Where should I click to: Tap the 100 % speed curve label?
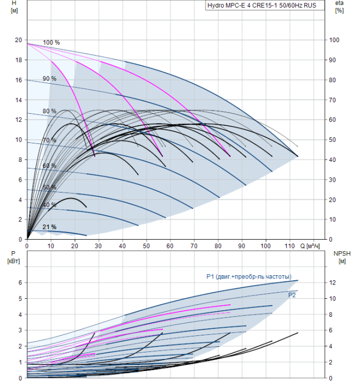[51, 43]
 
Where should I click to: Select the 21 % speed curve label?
[49, 227]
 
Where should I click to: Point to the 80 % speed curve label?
[49, 111]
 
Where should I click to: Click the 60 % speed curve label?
[49, 165]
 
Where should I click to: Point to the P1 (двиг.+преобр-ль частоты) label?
[249, 276]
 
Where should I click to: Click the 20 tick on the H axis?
[18, 40]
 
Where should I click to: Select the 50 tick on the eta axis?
[333, 140]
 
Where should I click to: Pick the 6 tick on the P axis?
[20, 282]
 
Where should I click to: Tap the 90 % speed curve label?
[49, 78]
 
